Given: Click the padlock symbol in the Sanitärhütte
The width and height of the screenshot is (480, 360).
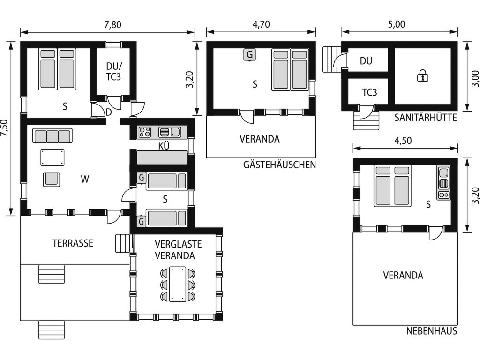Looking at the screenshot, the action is point(422,75).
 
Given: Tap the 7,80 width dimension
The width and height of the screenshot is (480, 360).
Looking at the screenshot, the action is point(112,24).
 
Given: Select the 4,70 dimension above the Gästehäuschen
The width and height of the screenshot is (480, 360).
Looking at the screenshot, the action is point(261,24).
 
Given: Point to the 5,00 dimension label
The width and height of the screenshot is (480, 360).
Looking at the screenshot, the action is point(397,24).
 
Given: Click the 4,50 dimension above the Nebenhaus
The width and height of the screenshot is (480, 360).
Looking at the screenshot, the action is point(403,141).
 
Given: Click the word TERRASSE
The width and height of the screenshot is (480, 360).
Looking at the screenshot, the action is point(73,243).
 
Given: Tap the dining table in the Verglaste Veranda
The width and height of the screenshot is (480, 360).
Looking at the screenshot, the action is point(178,284).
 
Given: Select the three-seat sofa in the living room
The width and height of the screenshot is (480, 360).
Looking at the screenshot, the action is point(52,135).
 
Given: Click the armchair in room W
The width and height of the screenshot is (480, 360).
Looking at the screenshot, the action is point(52,179).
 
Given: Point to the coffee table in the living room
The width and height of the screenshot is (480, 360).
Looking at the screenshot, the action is point(52,157).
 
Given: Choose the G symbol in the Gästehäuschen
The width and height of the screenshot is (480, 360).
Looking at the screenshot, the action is point(250,55).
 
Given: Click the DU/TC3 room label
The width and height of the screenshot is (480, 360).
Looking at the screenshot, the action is point(113,71).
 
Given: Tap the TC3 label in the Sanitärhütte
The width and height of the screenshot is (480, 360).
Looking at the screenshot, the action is point(369,92).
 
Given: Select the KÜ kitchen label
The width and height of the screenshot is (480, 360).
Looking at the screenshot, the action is point(164,145).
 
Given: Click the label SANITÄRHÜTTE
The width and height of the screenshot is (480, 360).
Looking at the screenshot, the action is point(426,117).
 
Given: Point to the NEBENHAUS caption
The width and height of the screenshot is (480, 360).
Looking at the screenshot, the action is point(432,331).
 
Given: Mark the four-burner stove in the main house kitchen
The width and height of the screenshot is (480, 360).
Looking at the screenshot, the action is point(145,132).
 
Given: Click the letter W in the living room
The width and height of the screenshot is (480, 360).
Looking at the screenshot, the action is point(85,179).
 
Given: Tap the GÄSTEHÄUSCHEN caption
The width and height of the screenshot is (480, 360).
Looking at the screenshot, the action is point(279,165).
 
